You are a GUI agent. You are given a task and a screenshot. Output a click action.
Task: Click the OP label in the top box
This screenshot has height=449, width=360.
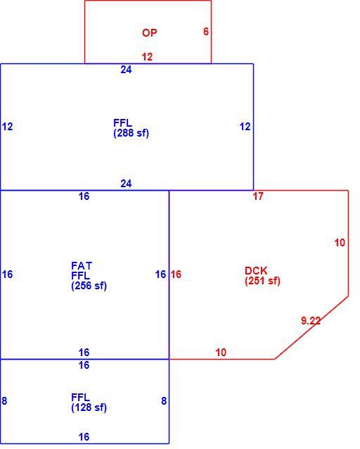(x=149, y=32)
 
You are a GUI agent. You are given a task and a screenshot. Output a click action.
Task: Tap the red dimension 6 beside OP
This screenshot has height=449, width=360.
(x=206, y=31)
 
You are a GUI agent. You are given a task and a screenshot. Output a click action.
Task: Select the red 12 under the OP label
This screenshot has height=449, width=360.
(x=147, y=57)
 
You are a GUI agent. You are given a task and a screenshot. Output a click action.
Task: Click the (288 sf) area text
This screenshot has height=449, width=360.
(x=131, y=133)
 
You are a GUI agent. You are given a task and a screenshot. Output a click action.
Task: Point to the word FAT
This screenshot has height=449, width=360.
(x=82, y=266)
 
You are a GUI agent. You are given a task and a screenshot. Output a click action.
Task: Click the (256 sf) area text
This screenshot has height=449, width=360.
(x=89, y=286)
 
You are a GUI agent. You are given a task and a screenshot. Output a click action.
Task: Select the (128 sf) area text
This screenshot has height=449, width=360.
(x=89, y=407)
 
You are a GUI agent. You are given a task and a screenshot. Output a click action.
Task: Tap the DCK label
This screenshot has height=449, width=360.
(x=256, y=271)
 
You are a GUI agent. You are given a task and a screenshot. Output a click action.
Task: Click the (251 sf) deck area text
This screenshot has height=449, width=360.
(x=262, y=281)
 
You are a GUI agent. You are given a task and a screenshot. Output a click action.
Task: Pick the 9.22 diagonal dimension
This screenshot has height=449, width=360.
(x=311, y=320)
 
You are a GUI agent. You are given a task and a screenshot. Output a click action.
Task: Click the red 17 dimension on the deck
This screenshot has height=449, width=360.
(x=258, y=196)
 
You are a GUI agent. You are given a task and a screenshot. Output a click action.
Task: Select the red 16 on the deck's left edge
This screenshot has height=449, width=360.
(x=176, y=274)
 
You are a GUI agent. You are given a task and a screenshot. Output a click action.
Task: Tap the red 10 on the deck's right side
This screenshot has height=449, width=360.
(x=340, y=243)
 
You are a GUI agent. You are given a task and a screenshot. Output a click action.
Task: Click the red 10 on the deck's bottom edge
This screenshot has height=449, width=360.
(x=221, y=352)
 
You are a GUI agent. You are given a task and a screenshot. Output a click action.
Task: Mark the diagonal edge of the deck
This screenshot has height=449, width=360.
(x=311, y=327)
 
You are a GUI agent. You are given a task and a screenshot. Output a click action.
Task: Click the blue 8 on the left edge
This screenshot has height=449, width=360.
(x=4, y=400)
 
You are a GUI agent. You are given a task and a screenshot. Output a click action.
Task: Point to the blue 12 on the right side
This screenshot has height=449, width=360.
(x=245, y=127)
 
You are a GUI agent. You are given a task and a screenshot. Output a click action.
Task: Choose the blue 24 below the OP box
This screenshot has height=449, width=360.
(x=126, y=70)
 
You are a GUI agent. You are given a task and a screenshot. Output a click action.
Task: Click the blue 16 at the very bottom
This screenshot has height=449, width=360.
(x=84, y=437)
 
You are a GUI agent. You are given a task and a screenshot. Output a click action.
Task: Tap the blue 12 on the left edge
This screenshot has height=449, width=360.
(x=7, y=127)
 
